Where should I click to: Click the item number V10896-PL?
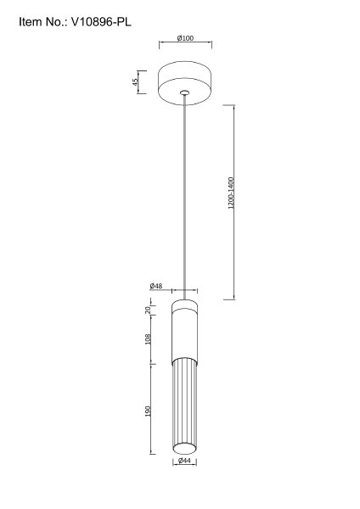point(101,22)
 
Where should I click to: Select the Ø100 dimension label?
point(185,38)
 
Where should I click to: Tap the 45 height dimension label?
point(135,81)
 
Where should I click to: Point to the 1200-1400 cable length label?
point(231,193)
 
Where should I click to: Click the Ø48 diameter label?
point(156,286)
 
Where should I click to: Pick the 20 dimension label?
point(148,310)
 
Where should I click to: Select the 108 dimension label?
point(148,339)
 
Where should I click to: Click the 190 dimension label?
point(148,411)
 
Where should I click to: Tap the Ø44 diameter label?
point(184,461)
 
